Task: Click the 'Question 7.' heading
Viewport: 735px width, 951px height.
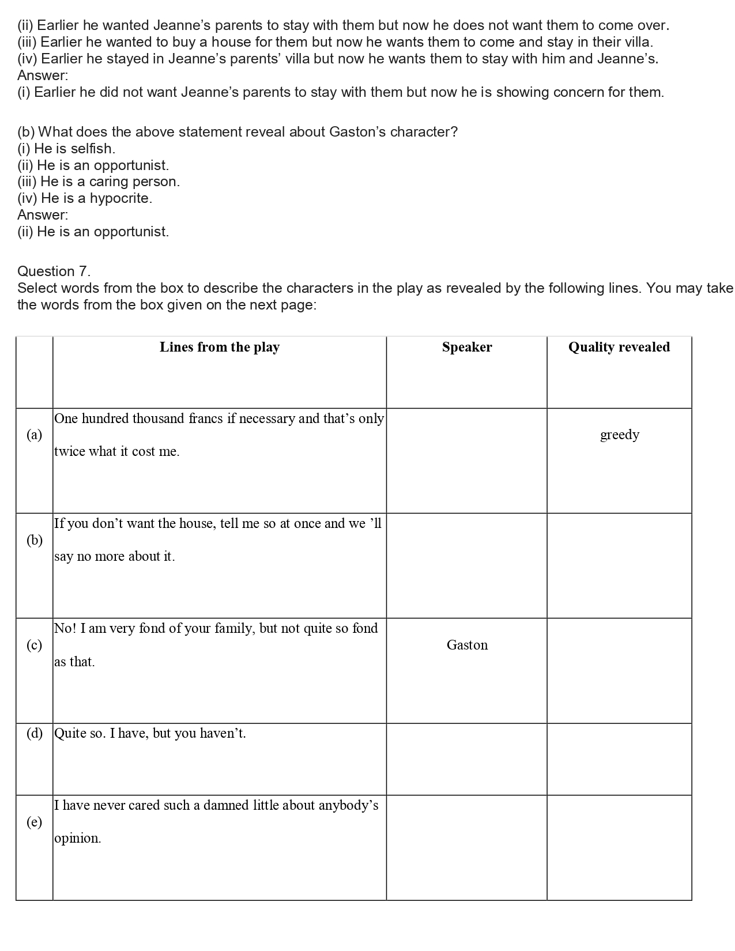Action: pyautogui.click(x=54, y=271)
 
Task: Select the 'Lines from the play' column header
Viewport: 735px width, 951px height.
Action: pyautogui.click(x=219, y=347)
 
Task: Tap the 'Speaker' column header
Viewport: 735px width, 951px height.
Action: pyautogui.click(x=467, y=347)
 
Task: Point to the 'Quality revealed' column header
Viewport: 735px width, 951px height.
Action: pyautogui.click(x=619, y=347)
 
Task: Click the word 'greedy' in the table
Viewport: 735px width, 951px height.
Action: pyautogui.click(x=620, y=435)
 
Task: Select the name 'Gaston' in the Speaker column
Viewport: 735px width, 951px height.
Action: pyautogui.click(x=467, y=645)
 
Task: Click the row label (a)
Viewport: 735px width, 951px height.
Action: pyautogui.click(x=35, y=435)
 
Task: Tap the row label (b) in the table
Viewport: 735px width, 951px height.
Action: pyautogui.click(x=35, y=540)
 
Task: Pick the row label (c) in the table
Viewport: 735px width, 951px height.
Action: pyautogui.click(x=35, y=645)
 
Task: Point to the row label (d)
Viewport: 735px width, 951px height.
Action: pyautogui.click(x=35, y=733)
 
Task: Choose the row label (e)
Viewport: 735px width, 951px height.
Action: pyautogui.click(x=35, y=822)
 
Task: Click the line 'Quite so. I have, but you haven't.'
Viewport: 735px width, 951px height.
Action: pyautogui.click(x=150, y=733)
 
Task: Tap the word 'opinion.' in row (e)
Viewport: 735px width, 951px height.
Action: pyautogui.click(x=78, y=839)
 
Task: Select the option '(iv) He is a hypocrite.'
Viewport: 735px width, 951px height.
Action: pyautogui.click(x=85, y=198)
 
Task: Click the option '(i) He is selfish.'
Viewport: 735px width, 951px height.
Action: pyautogui.click(x=66, y=149)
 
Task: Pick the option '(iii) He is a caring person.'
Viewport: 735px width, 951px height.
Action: pyautogui.click(x=99, y=182)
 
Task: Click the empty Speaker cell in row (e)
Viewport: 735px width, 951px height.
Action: pyautogui.click(x=466, y=847)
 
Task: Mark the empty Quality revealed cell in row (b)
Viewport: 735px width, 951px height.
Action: pyautogui.click(x=619, y=565)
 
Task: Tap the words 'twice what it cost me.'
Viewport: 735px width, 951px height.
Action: pyautogui.click(x=117, y=452)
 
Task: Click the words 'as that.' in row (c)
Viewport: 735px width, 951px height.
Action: pyautogui.click(x=74, y=662)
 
